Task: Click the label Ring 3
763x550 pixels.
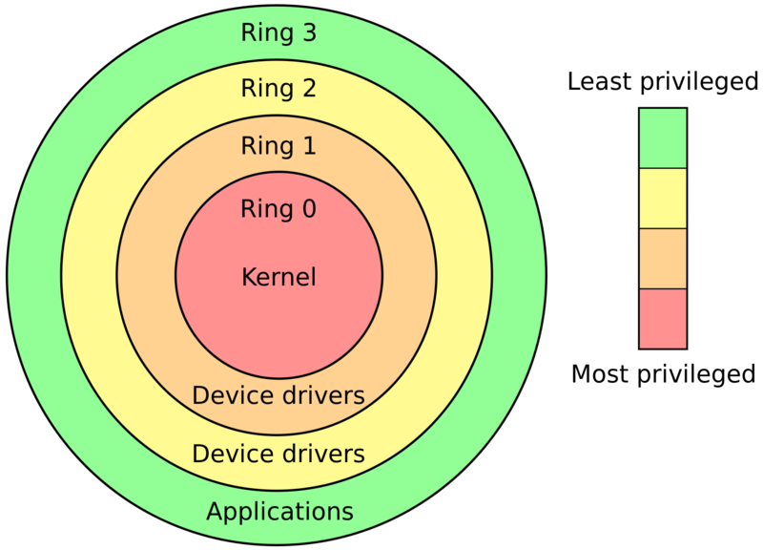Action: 278,33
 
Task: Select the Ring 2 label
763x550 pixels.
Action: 278,89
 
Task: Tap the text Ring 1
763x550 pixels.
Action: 278,146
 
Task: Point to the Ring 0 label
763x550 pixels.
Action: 278,209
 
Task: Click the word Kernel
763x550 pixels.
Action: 278,278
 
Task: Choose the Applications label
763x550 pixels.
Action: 279,512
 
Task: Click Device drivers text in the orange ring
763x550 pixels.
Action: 278,395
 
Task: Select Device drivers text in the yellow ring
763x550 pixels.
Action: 278,454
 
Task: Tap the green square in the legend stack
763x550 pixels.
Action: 663,138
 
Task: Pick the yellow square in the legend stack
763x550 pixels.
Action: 663,199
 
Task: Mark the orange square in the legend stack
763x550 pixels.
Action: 663,259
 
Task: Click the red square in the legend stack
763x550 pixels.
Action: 663,318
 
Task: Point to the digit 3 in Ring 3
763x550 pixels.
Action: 308,33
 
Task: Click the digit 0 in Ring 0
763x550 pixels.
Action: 308,209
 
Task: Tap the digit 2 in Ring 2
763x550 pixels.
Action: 308,89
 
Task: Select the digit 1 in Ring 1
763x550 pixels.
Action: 308,146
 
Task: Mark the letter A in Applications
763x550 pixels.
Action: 215,511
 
